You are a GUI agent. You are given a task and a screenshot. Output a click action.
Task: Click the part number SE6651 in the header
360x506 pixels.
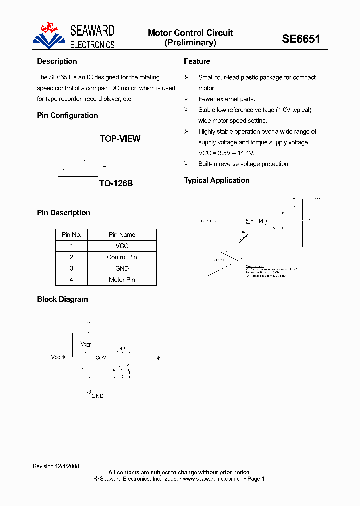point(301,39)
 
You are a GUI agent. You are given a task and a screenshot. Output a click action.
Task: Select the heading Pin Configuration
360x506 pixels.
point(67,115)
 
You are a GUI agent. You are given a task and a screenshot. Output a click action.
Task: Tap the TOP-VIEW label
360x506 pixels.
point(120,139)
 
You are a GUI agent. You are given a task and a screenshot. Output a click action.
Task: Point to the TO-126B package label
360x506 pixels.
point(116,183)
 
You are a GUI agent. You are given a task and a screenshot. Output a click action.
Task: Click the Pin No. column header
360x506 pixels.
point(71,235)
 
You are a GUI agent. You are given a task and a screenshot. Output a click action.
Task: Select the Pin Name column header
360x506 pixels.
point(122,235)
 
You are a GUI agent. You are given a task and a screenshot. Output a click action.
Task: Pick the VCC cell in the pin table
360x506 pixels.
point(122,246)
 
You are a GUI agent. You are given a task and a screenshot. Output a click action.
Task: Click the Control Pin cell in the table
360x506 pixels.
point(122,257)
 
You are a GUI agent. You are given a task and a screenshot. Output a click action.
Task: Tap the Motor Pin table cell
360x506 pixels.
point(122,280)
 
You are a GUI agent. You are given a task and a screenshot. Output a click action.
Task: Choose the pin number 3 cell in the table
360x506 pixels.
point(71,268)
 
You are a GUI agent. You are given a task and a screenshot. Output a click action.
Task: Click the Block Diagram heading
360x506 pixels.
point(62,299)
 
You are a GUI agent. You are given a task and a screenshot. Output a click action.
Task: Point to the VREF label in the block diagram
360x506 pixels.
point(86,344)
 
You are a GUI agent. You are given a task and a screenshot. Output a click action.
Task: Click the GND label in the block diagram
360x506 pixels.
point(98,396)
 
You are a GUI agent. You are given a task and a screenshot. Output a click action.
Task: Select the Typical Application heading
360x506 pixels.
point(217,180)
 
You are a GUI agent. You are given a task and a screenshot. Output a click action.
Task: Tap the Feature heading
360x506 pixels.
point(197,61)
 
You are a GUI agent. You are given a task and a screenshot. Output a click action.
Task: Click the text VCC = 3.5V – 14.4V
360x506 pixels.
point(226,153)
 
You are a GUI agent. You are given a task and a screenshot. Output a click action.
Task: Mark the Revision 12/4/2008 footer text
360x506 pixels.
point(56,466)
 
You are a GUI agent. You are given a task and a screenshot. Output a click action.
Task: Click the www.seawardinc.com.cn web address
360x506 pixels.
point(213,479)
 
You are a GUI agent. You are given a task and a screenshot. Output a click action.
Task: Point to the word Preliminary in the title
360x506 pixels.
point(190,43)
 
